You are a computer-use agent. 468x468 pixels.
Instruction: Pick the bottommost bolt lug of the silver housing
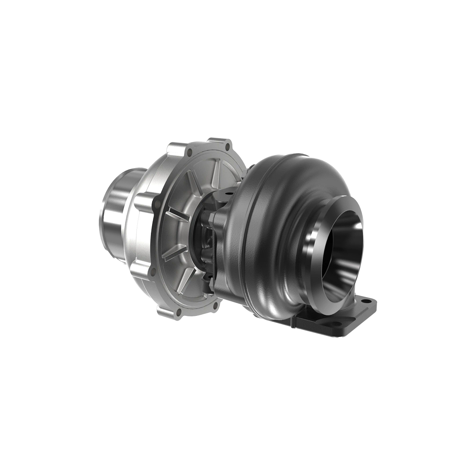(168, 308)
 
